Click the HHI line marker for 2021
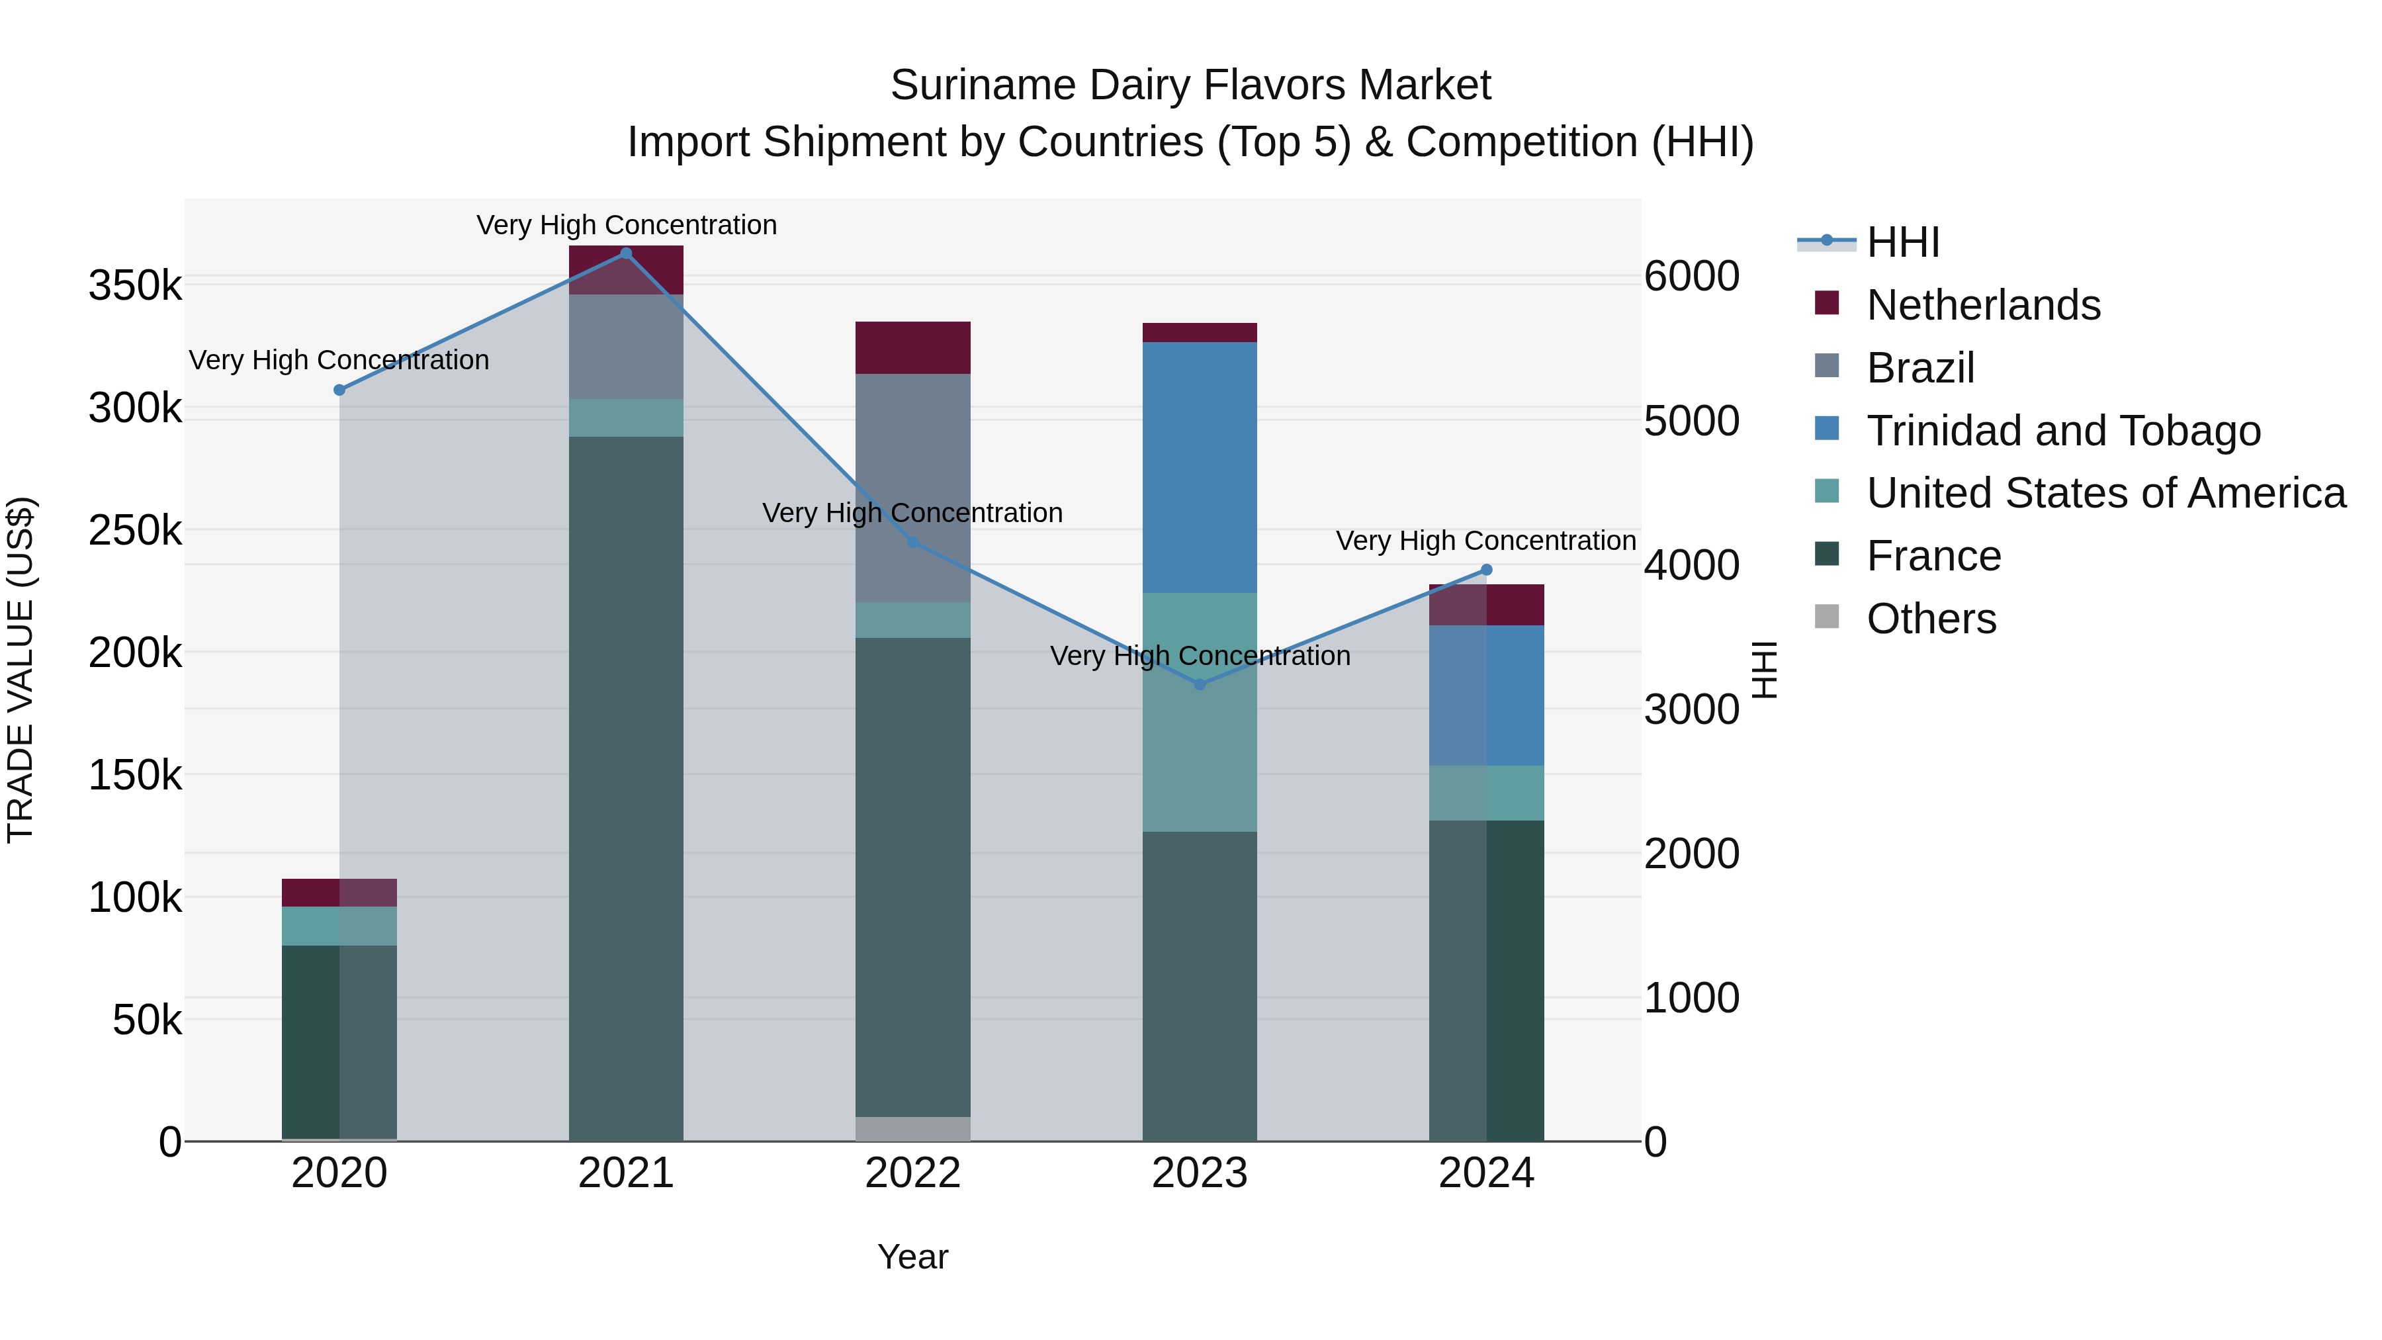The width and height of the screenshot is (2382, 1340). click(x=626, y=253)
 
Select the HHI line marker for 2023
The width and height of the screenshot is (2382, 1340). click(x=1200, y=684)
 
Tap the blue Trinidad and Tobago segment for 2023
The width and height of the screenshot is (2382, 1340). click(x=1200, y=467)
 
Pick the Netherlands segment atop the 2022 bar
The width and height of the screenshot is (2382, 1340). click(x=912, y=347)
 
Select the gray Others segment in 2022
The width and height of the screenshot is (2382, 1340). click(x=912, y=1128)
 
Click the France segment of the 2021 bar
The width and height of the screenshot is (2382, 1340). click(x=626, y=786)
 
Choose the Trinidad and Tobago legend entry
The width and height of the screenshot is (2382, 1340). click(x=2062, y=431)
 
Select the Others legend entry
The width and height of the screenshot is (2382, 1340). click(x=1931, y=619)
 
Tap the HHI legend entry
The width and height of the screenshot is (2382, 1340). click(x=1902, y=242)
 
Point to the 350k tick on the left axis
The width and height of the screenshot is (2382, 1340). click(x=135, y=286)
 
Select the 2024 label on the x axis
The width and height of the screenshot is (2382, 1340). click(x=1486, y=1173)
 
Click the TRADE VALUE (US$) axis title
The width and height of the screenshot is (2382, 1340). click(x=21, y=670)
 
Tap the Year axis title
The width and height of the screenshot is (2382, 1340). click(x=912, y=1257)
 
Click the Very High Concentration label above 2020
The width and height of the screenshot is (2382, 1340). click(x=339, y=360)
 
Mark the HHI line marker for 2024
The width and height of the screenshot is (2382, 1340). click(x=1487, y=570)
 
